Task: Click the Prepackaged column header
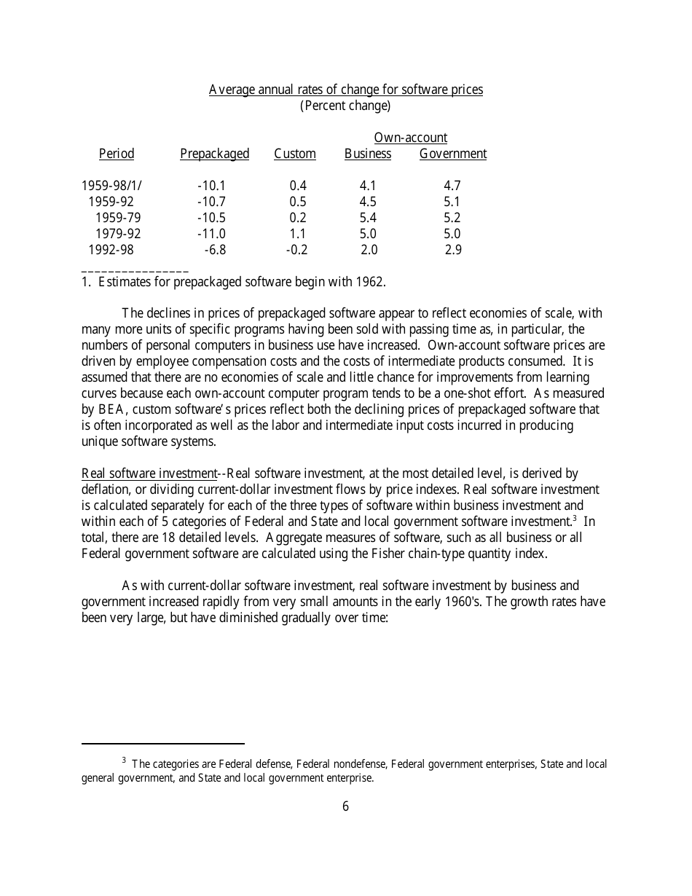[214, 154]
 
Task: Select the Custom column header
[295, 154]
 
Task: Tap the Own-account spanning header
[410, 138]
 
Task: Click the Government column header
[452, 154]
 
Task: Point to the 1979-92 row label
[118, 234]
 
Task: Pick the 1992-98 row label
[111, 250]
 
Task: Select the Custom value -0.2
[296, 250]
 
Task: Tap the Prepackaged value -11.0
[211, 234]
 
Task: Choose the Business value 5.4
[368, 218]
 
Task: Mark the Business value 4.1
[368, 186]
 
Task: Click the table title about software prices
[345, 90]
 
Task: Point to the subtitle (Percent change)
[345, 106]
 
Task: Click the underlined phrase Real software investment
[149, 473]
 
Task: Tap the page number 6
[345, 806]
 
